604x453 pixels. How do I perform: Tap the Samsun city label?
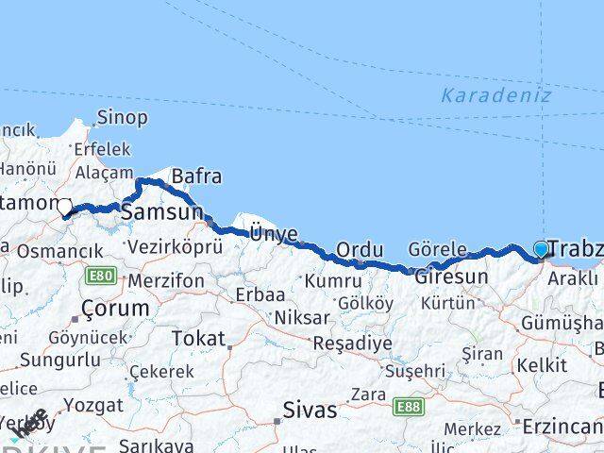(161, 213)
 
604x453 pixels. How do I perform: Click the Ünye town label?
(273, 233)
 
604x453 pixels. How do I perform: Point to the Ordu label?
(360, 249)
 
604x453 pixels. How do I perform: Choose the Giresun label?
(450, 277)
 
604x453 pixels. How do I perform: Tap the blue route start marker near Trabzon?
(541, 249)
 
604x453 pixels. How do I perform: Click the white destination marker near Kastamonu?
(64, 207)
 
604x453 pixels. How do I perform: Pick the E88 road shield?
(409, 406)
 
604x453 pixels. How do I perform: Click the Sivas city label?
(310, 411)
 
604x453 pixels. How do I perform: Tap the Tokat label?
(198, 338)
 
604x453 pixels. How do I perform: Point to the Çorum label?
(115, 309)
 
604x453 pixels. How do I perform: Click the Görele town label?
(438, 249)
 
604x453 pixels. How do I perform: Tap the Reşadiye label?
(352, 343)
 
